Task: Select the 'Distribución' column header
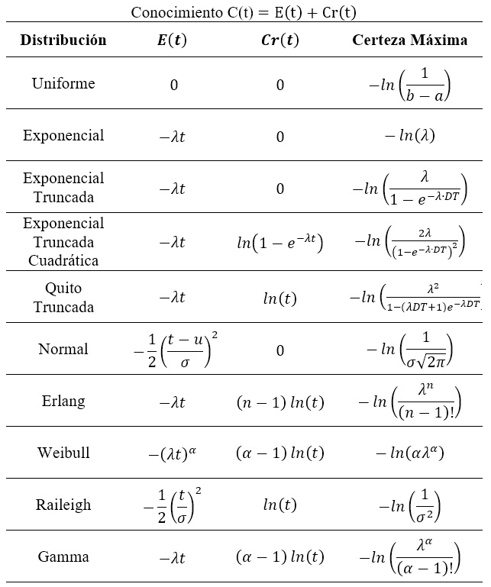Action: [x=63, y=40]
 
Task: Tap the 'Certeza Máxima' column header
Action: [x=409, y=40]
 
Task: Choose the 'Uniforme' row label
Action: [x=63, y=83]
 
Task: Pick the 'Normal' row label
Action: [x=63, y=350]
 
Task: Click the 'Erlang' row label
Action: [x=63, y=402]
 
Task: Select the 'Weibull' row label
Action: [x=63, y=453]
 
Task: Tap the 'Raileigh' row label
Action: [x=63, y=505]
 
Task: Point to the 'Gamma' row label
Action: [x=63, y=556]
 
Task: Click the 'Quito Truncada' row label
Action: [x=63, y=298]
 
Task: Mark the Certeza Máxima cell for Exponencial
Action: [x=409, y=137]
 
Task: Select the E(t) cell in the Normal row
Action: [x=173, y=350]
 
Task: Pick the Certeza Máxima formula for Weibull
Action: [x=409, y=453]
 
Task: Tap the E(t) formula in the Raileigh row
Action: [x=173, y=505]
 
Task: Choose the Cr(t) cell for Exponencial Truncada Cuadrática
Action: [x=279, y=244]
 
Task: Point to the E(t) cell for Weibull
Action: [x=173, y=453]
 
